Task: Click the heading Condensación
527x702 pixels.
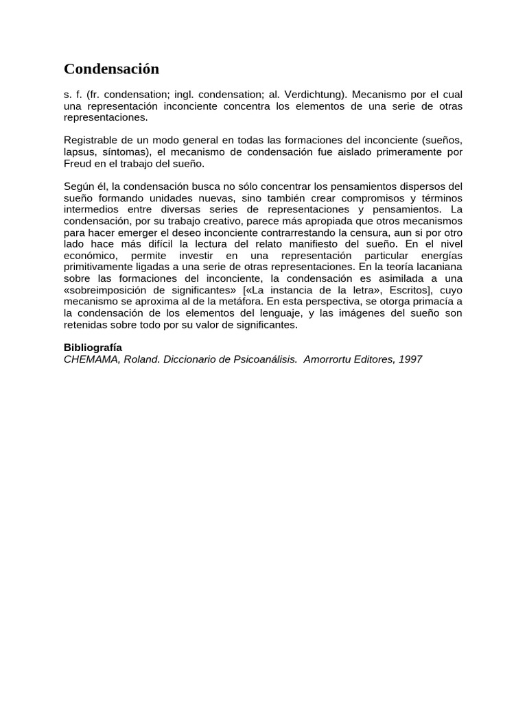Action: click(x=111, y=69)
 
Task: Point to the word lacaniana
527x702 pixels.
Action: click(x=436, y=267)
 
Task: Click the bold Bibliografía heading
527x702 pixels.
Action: click(x=93, y=348)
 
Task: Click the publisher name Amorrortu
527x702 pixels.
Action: click(x=328, y=359)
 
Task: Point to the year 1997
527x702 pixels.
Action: click(x=409, y=359)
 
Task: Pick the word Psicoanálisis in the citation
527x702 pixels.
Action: click(x=261, y=359)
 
